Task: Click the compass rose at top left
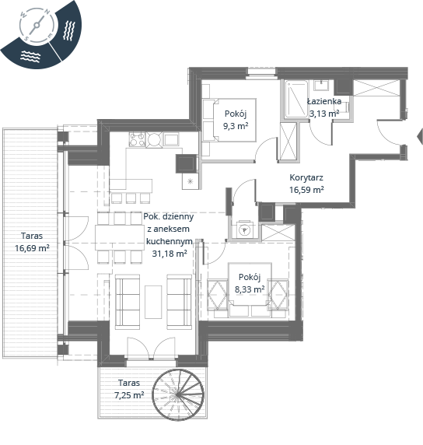click(x=36, y=26)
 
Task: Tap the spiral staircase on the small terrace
click(x=178, y=394)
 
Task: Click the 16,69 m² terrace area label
click(x=32, y=248)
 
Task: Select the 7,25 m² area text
click(x=129, y=395)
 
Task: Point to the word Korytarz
click(x=306, y=177)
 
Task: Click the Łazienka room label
click(x=324, y=101)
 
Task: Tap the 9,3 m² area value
click(x=236, y=126)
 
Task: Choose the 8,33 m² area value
click(x=250, y=289)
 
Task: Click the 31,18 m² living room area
click(x=170, y=254)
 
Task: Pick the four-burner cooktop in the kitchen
click(x=138, y=139)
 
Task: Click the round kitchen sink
click(x=154, y=139)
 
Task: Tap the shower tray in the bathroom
click(x=296, y=99)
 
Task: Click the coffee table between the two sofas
click(x=153, y=302)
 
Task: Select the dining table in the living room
click(x=120, y=237)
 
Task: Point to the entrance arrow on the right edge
click(x=420, y=136)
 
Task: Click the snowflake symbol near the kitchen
click(x=190, y=181)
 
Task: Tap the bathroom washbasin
click(x=321, y=85)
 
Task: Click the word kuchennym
click(x=170, y=241)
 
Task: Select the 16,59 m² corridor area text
click(x=306, y=190)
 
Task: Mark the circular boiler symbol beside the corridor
click(x=244, y=230)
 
